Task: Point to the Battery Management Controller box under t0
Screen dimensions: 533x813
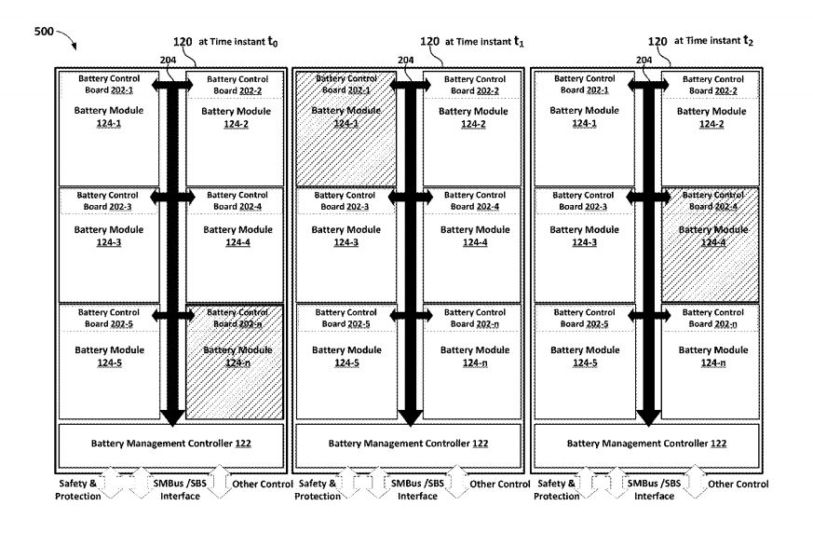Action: point(171,444)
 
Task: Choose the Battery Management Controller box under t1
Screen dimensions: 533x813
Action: point(410,444)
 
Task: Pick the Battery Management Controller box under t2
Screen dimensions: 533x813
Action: point(647,444)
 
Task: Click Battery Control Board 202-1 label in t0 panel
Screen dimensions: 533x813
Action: point(106,85)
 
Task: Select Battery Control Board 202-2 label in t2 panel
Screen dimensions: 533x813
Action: point(712,85)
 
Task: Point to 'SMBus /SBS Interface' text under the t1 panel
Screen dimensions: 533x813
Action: point(418,489)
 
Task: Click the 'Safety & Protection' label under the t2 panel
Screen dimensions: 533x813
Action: point(557,489)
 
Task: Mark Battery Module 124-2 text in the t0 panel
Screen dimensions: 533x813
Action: point(237,117)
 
